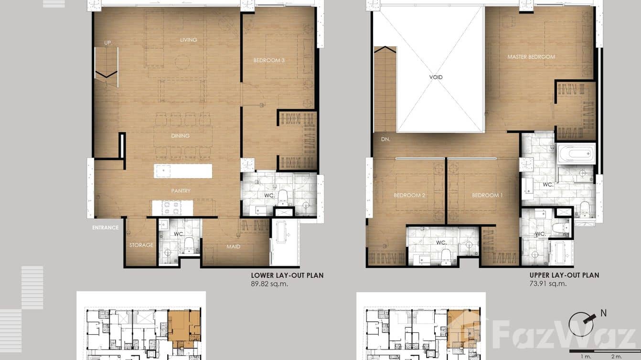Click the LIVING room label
pyautogui.click(x=188, y=40)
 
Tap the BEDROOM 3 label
pyautogui.click(x=269, y=61)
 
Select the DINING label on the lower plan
pyautogui.click(x=180, y=136)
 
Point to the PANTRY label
pyautogui.click(x=181, y=191)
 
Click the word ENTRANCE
pyautogui.click(x=106, y=228)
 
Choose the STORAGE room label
pyautogui.click(x=141, y=245)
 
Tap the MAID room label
pyautogui.click(x=233, y=247)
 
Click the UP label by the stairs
pyautogui.click(x=108, y=43)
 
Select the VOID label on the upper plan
pyautogui.click(x=436, y=77)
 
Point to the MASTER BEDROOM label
pyautogui.click(x=531, y=57)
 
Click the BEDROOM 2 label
pyautogui.click(x=409, y=195)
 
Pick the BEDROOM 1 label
pyautogui.click(x=487, y=195)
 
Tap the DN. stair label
pyautogui.click(x=385, y=140)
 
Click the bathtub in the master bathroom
pyautogui.click(x=576, y=154)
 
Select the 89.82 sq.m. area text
pyautogui.click(x=269, y=284)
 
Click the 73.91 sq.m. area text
pyautogui.click(x=548, y=284)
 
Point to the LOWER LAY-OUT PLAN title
pyautogui.click(x=287, y=275)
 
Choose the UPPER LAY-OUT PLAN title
pyautogui.click(x=564, y=275)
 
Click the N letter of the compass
pyautogui.click(x=604, y=313)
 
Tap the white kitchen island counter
pyautogui.click(x=183, y=171)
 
